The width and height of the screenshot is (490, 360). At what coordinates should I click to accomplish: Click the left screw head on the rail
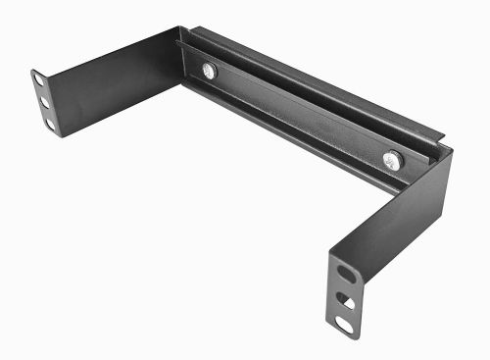(208, 70)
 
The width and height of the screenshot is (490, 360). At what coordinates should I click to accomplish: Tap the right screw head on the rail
(392, 158)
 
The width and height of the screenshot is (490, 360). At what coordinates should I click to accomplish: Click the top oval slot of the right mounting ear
(343, 272)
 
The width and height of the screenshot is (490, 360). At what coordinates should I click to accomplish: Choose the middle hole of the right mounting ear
(344, 297)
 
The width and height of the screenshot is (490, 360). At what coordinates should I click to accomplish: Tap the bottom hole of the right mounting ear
(346, 322)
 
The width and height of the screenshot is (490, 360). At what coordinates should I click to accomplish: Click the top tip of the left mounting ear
(36, 70)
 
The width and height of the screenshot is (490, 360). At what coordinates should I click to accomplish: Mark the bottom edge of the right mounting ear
(347, 334)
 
